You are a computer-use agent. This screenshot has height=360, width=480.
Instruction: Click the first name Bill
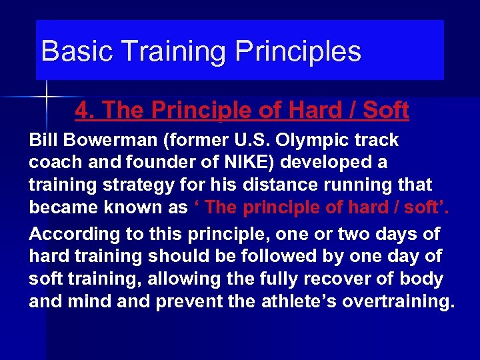(x=43, y=141)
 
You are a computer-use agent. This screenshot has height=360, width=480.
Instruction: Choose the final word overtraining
(x=399, y=301)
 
